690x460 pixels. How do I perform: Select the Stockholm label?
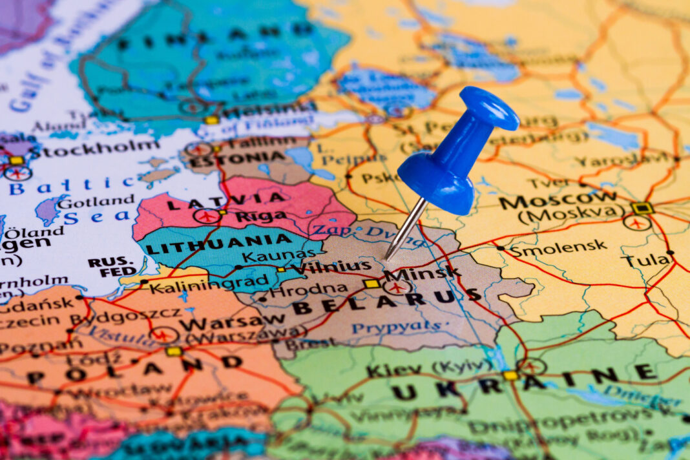pyautogui.click(x=94, y=148)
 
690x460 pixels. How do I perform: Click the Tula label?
pyautogui.click(x=646, y=260)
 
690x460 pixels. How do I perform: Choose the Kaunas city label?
pyautogui.click(x=282, y=256)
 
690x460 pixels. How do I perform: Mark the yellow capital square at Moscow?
pyautogui.click(x=642, y=208)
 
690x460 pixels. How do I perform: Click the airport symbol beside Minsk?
pyautogui.click(x=396, y=286)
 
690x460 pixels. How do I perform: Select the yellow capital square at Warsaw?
pyautogui.click(x=173, y=351)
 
